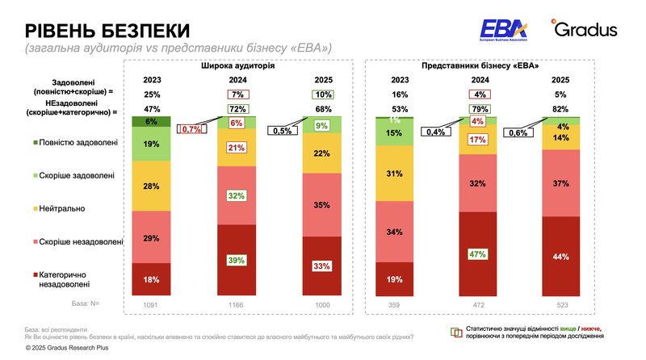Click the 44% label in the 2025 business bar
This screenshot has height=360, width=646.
(x=560, y=257)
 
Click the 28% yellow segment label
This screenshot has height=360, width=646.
(x=151, y=186)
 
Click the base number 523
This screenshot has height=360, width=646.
(x=560, y=304)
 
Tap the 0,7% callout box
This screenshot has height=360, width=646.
(x=191, y=129)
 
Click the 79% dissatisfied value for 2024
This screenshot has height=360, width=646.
(x=479, y=109)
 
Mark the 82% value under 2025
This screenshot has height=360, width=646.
(x=560, y=109)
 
